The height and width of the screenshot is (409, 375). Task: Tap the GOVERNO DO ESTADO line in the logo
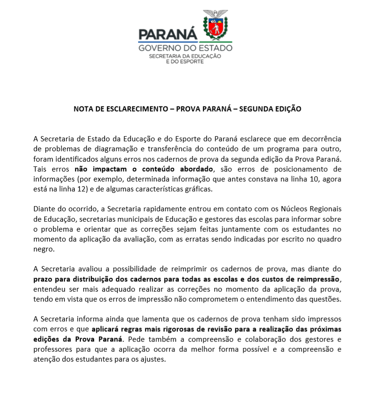click(185, 48)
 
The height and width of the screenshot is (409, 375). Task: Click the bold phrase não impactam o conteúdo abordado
click(144, 169)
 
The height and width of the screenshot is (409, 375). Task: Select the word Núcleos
click(294, 209)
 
